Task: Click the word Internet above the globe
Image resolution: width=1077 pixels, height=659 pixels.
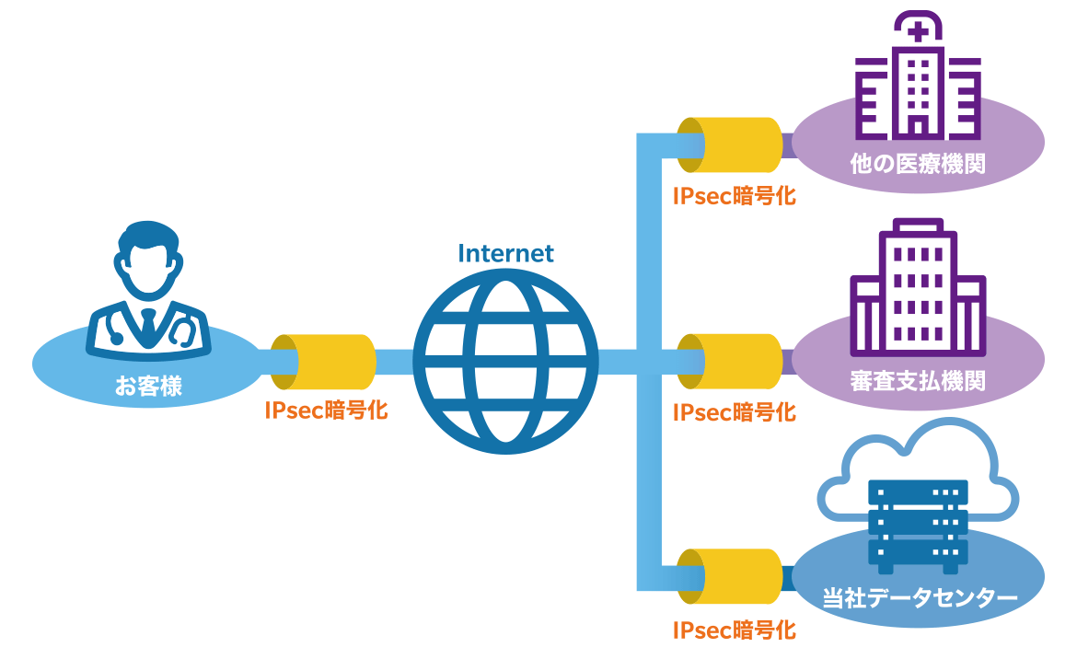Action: click(505, 253)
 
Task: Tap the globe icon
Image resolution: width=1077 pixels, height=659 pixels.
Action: click(505, 363)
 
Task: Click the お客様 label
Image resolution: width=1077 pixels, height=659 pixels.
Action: click(148, 386)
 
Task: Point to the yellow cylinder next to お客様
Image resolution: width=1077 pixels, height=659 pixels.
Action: click(324, 362)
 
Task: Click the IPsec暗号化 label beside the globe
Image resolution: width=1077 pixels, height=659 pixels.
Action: click(326, 411)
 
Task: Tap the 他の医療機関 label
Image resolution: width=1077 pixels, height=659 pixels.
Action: click(918, 165)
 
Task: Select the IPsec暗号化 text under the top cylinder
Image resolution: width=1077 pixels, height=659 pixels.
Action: click(734, 195)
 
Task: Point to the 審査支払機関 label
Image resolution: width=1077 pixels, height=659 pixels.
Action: click(918, 380)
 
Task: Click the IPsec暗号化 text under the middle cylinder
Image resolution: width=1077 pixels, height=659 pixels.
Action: click(734, 412)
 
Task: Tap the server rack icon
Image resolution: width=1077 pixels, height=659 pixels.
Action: click(918, 521)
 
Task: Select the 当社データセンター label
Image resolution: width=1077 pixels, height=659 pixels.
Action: click(918, 599)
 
